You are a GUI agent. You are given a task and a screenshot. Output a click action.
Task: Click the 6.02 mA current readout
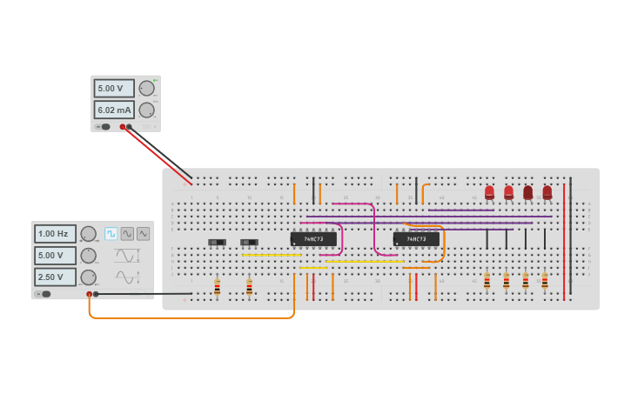pyautogui.click(x=114, y=110)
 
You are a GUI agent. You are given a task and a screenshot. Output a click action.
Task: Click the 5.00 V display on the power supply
pyautogui.click(x=114, y=89)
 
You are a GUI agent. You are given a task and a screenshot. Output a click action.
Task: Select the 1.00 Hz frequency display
pyautogui.click(x=55, y=234)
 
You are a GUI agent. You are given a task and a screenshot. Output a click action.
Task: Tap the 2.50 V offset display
pyautogui.click(x=55, y=277)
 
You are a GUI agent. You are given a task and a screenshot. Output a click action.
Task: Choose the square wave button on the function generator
pyautogui.click(x=111, y=234)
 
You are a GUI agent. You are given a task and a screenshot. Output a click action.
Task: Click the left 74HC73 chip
pyautogui.click(x=312, y=239)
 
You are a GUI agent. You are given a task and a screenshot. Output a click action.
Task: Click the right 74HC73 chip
pyautogui.click(x=416, y=239)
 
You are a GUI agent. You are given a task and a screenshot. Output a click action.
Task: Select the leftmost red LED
pyautogui.click(x=489, y=192)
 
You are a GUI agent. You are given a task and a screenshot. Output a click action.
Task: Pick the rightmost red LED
pyautogui.click(x=547, y=192)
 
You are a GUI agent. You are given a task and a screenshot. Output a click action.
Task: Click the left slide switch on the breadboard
pyautogui.click(x=217, y=242)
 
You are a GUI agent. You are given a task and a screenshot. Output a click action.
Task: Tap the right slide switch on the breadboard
pyautogui.click(x=249, y=242)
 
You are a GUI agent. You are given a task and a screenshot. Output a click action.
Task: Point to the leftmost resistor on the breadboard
pyautogui.click(x=217, y=287)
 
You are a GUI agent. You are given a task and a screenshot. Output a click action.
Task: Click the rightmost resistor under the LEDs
pyautogui.click(x=545, y=281)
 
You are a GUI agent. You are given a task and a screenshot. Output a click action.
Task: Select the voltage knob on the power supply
pyautogui.click(x=146, y=88)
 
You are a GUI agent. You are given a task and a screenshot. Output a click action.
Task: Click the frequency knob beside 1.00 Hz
pyautogui.click(x=88, y=234)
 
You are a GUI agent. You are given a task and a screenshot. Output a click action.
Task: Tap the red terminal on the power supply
pyautogui.click(x=123, y=127)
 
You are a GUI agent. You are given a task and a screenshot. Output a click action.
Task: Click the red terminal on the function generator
pyautogui.click(x=89, y=294)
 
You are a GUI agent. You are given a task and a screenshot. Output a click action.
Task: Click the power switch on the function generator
pyautogui.click(x=44, y=294)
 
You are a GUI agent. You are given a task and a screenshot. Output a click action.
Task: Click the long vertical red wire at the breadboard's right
pyautogui.click(x=564, y=239)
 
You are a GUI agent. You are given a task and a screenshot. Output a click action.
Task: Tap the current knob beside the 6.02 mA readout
pyautogui.click(x=146, y=110)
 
